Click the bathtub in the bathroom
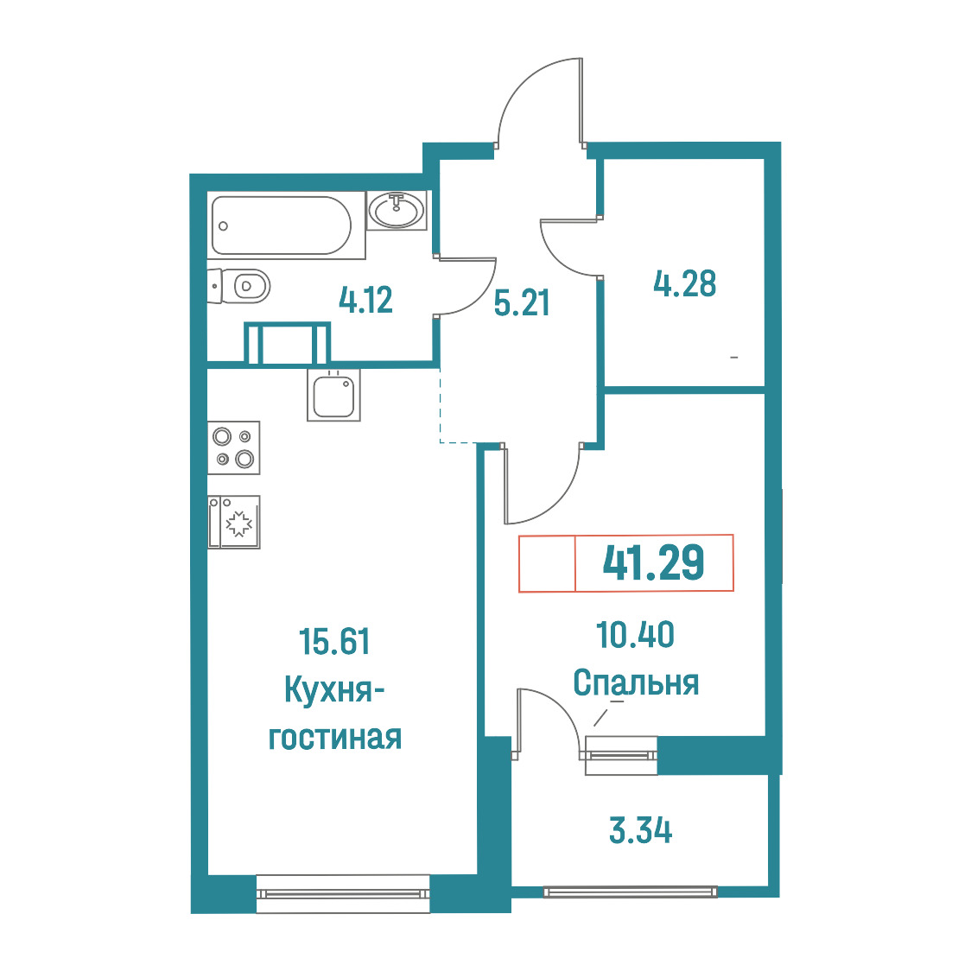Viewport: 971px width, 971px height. (x=282, y=225)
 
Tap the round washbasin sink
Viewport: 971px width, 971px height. (x=397, y=209)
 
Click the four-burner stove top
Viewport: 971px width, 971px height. (x=233, y=447)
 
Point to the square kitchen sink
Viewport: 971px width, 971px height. (x=333, y=395)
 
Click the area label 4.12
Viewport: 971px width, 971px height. (x=365, y=301)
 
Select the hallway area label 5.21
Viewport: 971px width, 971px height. (x=522, y=303)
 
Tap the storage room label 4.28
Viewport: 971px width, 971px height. (x=685, y=283)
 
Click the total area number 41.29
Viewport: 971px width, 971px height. (x=653, y=562)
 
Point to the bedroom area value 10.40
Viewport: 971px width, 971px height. (x=635, y=635)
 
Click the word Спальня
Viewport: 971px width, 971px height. (x=636, y=683)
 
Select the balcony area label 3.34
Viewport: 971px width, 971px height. (x=640, y=830)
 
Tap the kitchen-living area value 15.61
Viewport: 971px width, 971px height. (x=334, y=641)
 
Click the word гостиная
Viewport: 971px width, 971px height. (x=335, y=738)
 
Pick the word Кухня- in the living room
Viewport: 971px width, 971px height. (x=334, y=689)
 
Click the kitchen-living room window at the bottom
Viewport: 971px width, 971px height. (x=343, y=893)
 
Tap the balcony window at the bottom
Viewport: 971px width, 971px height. (x=631, y=892)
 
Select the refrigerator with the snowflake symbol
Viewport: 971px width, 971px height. (x=233, y=522)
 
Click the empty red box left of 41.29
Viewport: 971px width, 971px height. (x=548, y=563)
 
